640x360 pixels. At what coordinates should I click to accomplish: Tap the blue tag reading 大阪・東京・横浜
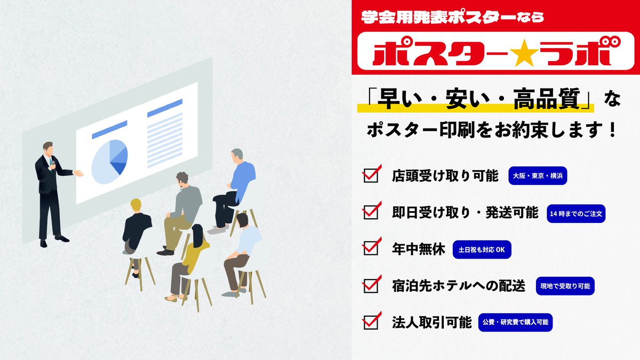click(538, 175)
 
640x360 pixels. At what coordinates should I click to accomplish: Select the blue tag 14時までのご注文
click(576, 213)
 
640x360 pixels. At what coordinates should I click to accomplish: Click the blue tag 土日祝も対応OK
click(482, 249)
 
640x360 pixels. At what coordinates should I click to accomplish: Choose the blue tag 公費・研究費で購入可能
click(515, 322)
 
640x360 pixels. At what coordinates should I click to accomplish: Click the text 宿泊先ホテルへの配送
click(459, 286)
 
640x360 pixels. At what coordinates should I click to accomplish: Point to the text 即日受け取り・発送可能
click(465, 212)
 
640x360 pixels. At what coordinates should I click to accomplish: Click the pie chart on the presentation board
click(110, 158)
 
